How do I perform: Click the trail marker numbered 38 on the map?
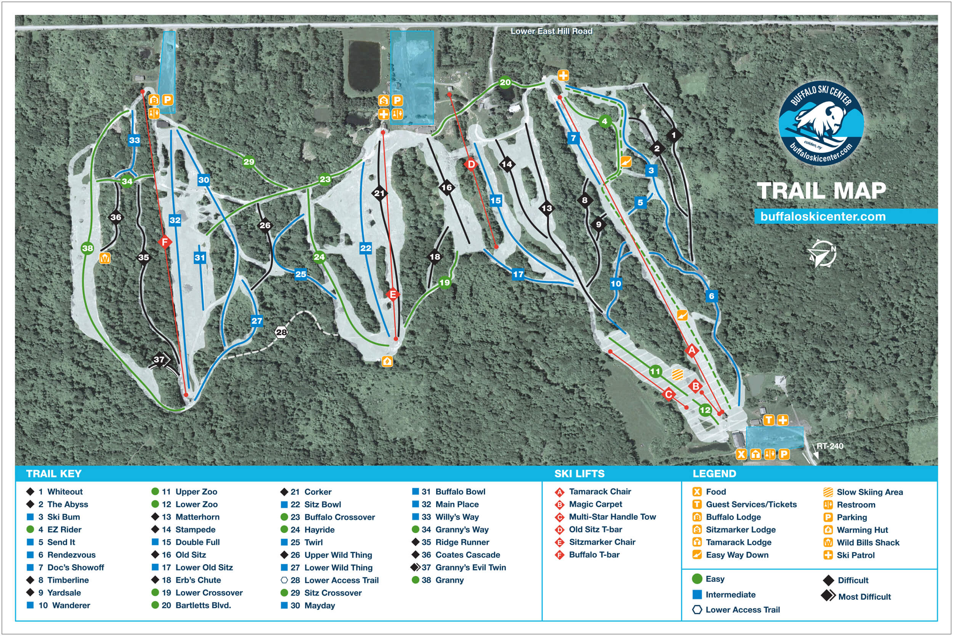[x=88, y=248]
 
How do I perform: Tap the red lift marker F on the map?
[x=165, y=242]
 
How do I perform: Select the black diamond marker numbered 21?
[x=379, y=193]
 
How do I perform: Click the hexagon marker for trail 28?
[x=281, y=332]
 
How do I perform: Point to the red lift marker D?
[x=471, y=164]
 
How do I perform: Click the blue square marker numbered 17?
[x=518, y=274]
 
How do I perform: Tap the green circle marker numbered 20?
[x=505, y=82]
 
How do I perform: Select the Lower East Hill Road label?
[x=551, y=31]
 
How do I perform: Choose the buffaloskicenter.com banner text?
[x=823, y=216]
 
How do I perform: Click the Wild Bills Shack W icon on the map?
[x=105, y=258]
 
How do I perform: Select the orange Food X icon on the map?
[x=741, y=454]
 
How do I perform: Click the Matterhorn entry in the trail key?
[x=197, y=517]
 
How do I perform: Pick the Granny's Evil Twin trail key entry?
[x=470, y=567]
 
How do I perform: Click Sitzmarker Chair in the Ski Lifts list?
[x=602, y=542]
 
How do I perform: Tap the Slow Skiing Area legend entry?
[x=870, y=492]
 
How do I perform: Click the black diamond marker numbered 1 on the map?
[x=674, y=135]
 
